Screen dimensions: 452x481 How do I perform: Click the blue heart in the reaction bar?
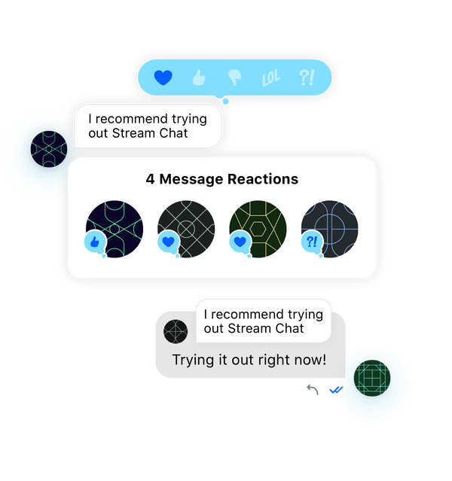tap(163, 78)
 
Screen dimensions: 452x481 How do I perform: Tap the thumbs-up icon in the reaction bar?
tap(199, 78)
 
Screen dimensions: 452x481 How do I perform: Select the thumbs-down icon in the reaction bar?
tap(235, 78)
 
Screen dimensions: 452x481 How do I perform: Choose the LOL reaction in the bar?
tap(271, 78)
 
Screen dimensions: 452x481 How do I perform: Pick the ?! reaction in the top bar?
tap(307, 78)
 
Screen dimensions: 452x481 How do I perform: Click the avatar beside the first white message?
tap(49, 149)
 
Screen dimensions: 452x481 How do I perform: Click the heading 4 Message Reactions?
tap(222, 179)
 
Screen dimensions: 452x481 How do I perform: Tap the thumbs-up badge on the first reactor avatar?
tap(95, 242)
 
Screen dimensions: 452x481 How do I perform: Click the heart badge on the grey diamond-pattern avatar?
tap(168, 242)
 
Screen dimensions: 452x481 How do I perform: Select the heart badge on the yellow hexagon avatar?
tap(240, 242)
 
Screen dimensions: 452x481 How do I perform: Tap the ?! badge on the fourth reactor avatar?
tap(312, 242)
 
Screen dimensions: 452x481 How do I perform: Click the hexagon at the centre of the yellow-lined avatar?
tap(258, 229)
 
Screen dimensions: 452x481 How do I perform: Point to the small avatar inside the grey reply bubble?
tap(176, 331)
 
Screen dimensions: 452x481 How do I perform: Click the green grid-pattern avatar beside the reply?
tap(372, 378)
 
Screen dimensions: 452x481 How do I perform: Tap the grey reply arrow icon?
tap(313, 390)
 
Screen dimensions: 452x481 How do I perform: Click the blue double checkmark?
tap(336, 390)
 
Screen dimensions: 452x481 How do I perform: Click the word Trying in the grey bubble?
tap(193, 360)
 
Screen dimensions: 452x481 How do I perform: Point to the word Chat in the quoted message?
tap(289, 328)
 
